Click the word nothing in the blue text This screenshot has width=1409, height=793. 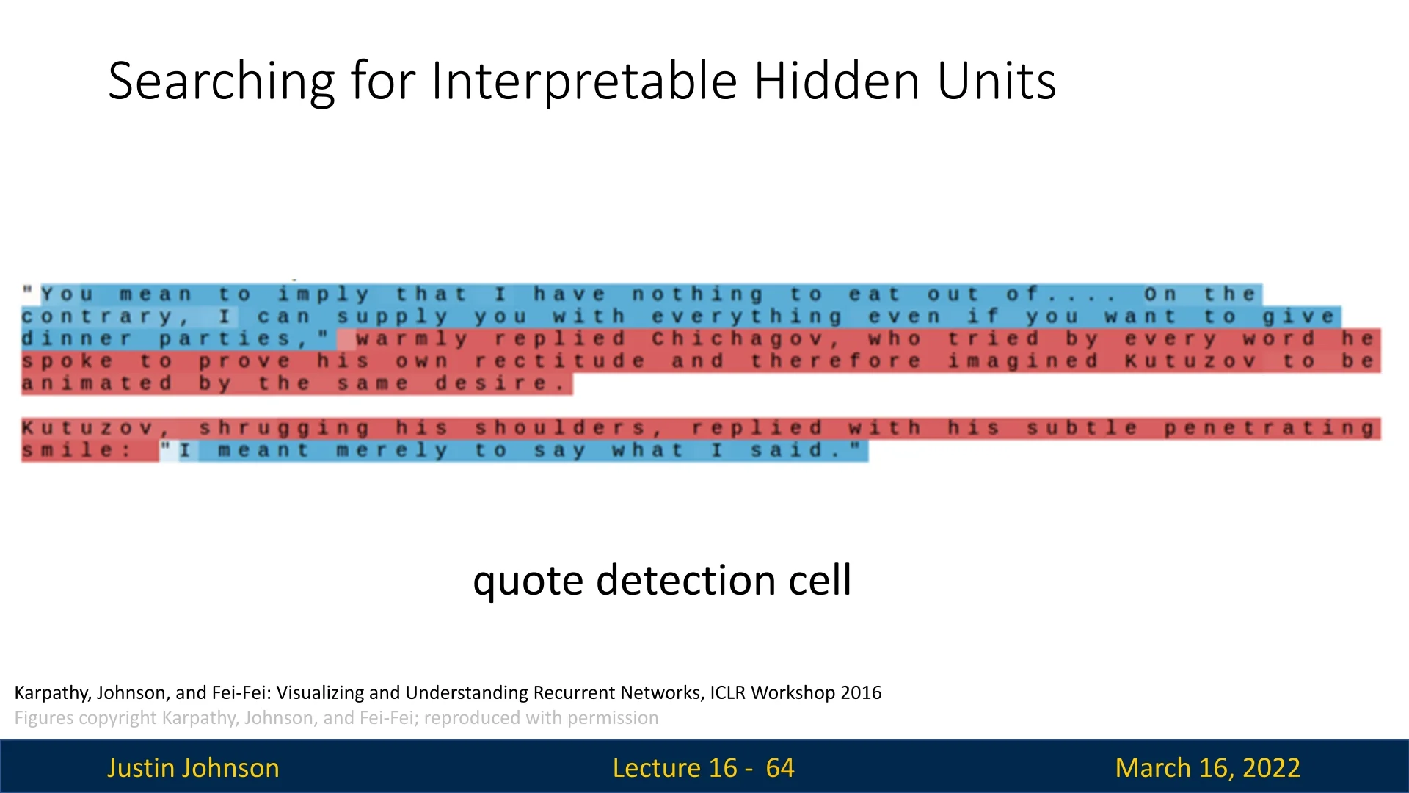pyautogui.click(x=697, y=295)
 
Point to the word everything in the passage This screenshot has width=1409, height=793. pyautogui.click(x=746, y=317)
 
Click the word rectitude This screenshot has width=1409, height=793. pyautogui.click(x=560, y=361)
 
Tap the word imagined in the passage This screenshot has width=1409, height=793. pyautogui.click(x=1022, y=361)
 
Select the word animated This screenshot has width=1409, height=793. pyautogui.click(x=97, y=383)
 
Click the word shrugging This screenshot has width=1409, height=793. pyautogui.click(x=284, y=428)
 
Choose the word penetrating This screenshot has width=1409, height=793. pyautogui.click(x=1269, y=428)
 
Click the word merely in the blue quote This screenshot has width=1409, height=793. pyautogui.click(x=392, y=450)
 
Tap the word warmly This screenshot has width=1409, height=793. pyautogui.click(x=412, y=339)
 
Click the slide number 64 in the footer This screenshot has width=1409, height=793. pyautogui.click(x=779, y=768)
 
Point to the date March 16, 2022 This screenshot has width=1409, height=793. pyautogui.click(x=1207, y=768)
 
